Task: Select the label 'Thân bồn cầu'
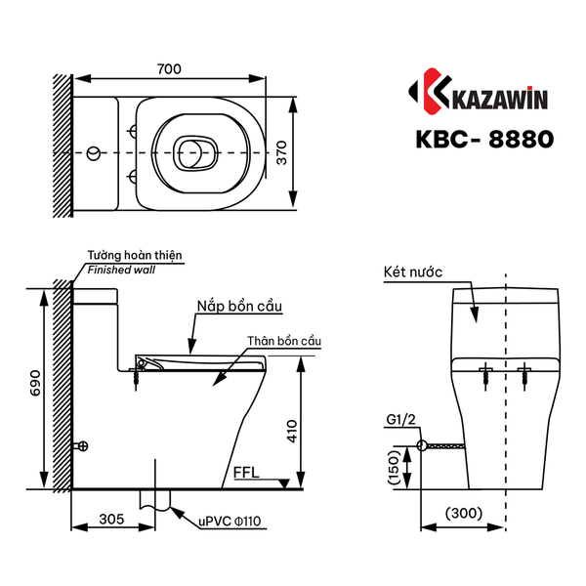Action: (x=284, y=340)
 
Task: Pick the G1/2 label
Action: (x=400, y=423)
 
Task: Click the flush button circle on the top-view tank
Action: (x=94, y=153)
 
